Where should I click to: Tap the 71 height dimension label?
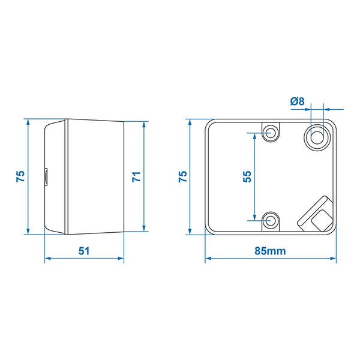[x=136, y=176]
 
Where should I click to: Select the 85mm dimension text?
[x=269, y=251]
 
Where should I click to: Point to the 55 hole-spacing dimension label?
[x=246, y=176]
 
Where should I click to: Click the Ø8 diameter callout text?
[x=298, y=101]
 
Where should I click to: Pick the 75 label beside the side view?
[x=20, y=176]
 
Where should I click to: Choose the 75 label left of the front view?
[x=183, y=176]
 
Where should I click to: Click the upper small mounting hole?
[x=271, y=132]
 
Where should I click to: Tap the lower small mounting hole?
[x=271, y=220]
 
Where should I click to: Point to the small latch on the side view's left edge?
[x=46, y=177]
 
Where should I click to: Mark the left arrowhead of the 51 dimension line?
[x=48, y=259]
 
